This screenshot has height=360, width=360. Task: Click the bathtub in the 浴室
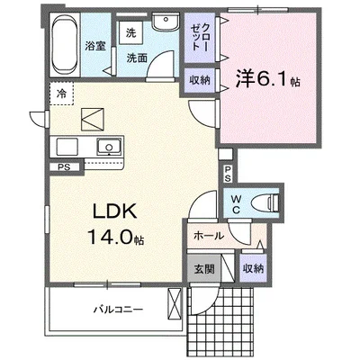click(x=65, y=44)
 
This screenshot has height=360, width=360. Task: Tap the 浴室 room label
click(x=95, y=47)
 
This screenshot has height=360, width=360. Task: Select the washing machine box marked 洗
click(x=130, y=32)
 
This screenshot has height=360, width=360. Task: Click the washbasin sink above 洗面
click(x=165, y=22)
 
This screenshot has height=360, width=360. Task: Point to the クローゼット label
click(x=200, y=37)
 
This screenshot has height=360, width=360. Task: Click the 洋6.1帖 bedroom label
click(x=267, y=79)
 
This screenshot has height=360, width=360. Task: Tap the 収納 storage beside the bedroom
click(x=200, y=80)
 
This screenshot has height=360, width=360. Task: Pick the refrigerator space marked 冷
click(x=62, y=94)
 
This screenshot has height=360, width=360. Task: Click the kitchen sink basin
click(x=109, y=147)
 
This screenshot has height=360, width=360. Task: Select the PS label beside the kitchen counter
click(x=65, y=167)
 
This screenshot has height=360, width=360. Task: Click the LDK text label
click(x=115, y=211)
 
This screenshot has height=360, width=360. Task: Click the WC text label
click(x=237, y=204)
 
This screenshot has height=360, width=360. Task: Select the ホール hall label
click(x=209, y=236)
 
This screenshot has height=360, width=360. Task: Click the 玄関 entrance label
click(x=204, y=269)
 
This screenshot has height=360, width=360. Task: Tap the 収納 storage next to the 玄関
click(x=253, y=268)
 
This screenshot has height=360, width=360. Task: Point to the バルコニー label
click(x=118, y=309)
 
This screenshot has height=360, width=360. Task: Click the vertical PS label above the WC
click(x=228, y=174)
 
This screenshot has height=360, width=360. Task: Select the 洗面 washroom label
click(x=137, y=58)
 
